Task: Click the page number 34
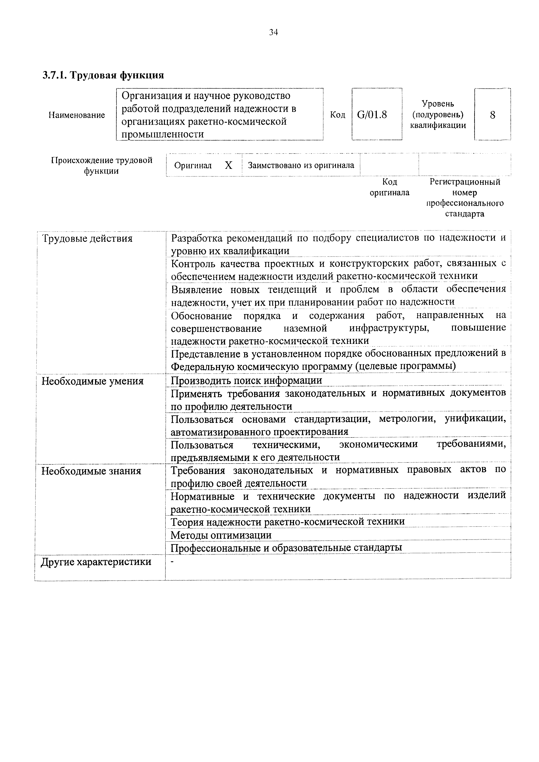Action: [x=273, y=32]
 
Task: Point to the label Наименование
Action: [x=77, y=115]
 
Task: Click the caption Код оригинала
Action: [x=390, y=187]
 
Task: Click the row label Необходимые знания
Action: [x=91, y=471]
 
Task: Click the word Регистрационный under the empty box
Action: [x=465, y=182]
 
